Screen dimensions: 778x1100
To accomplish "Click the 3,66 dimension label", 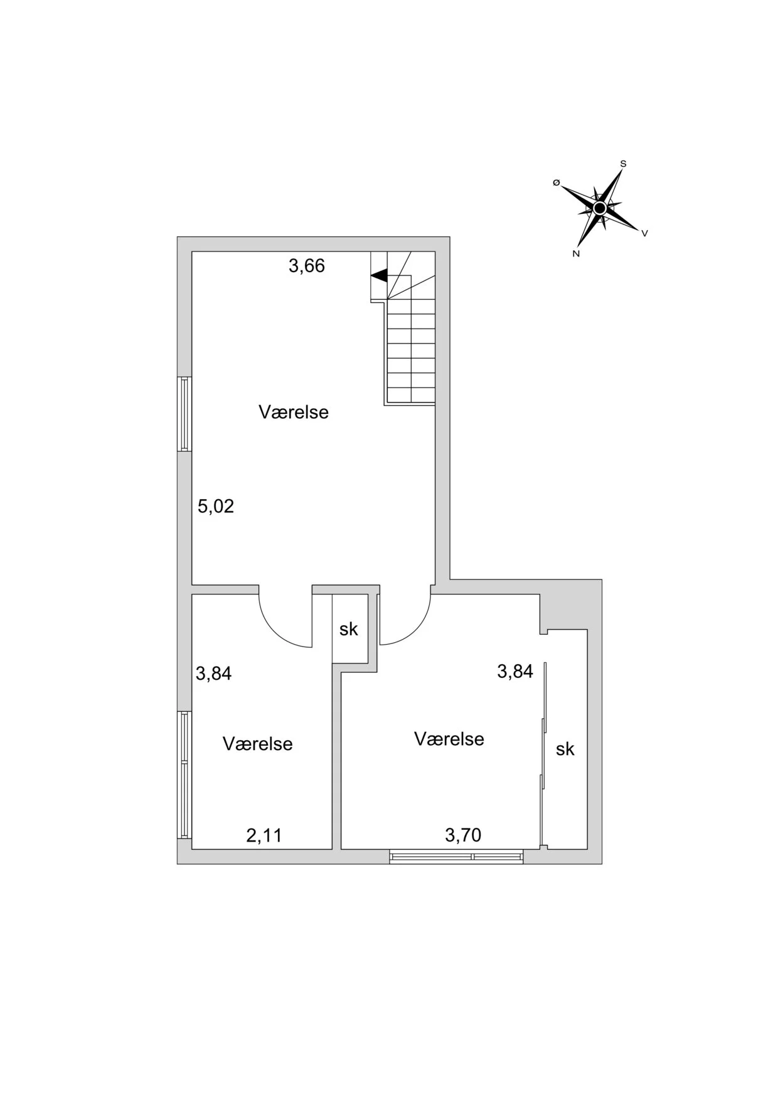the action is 307,266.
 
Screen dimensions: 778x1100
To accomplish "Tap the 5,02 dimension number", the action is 216,506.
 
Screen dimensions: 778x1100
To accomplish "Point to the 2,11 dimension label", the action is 264,835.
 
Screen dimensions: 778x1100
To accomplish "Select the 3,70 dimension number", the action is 463,835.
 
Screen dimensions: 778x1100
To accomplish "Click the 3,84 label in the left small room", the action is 214,674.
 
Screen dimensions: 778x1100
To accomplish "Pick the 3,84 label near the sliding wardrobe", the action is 515,672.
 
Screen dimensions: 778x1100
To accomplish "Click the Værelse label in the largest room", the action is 294,412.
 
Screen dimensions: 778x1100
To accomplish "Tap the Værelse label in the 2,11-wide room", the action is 257,744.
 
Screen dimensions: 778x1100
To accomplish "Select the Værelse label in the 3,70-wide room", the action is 449,739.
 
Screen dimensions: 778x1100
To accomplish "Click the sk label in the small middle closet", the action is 349,629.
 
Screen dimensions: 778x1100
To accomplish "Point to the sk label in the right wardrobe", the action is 565,749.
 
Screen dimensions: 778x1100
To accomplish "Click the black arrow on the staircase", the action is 379,275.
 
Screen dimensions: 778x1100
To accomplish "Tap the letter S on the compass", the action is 623,164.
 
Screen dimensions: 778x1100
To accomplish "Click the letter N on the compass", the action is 575,254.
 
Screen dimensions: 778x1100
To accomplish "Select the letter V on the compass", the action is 644,233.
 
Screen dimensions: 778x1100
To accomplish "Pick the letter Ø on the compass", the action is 556,182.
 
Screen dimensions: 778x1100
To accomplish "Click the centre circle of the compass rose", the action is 600,208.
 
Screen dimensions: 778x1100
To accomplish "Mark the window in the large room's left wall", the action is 184,413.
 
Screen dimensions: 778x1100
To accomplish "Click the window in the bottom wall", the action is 456,856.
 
